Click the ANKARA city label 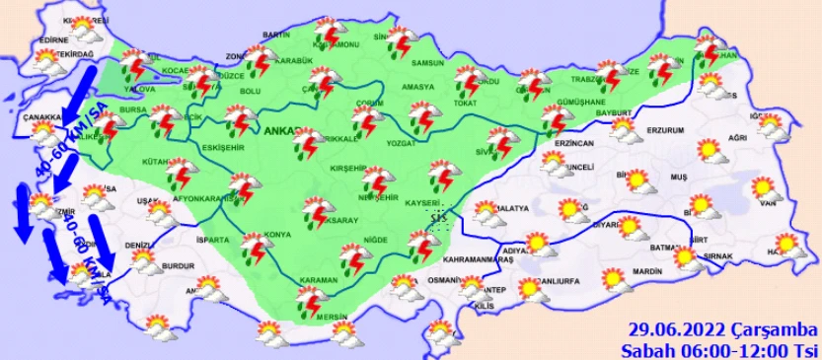click(x=284, y=131)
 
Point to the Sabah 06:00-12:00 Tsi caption click(x=720, y=348)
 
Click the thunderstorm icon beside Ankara click(x=307, y=146)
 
